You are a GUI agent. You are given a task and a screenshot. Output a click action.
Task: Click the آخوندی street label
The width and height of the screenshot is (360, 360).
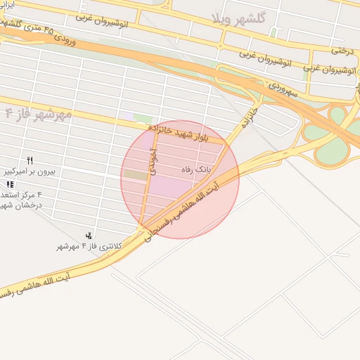tap(153, 161)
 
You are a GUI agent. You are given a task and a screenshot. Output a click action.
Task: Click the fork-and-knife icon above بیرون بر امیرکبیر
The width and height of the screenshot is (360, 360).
tap(30, 160)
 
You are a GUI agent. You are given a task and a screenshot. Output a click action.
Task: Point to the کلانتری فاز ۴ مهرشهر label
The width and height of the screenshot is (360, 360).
tap(89, 246)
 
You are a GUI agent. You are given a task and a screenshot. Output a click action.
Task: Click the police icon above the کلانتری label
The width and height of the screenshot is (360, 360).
tap(89, 236)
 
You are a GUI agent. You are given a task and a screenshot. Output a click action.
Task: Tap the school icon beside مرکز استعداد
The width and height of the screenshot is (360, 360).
tap(9, 184)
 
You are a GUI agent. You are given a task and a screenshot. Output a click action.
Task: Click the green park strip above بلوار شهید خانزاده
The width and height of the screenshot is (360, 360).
tap(143, 118)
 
